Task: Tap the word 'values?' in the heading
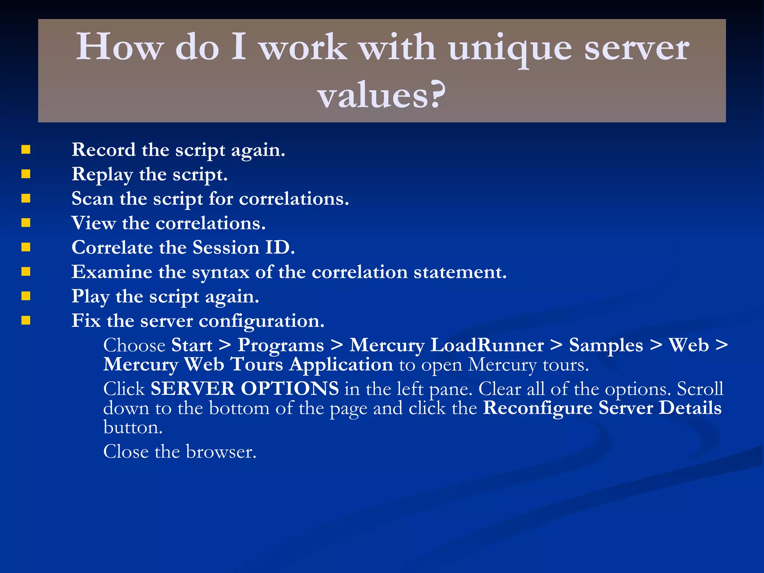(x=382, y=96)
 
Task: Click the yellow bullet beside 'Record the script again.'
(x=26, y=150)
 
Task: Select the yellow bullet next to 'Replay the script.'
(x=26, y=174)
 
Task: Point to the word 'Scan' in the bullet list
(x=93, y=198)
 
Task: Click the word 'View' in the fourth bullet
(x=94, y=223)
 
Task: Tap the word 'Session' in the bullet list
(x=226, y=247)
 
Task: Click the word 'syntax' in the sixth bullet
(x=220, y=272)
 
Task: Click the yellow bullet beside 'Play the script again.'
(x=26, y=296)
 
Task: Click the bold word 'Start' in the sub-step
(x=192, y=345)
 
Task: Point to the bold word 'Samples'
(x=606, y=345)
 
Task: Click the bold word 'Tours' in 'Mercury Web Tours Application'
(x=256, y=364)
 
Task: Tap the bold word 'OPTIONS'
(x=289, y=389)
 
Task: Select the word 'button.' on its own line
(x=133, y=427)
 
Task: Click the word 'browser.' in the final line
(x=221, y=452)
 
